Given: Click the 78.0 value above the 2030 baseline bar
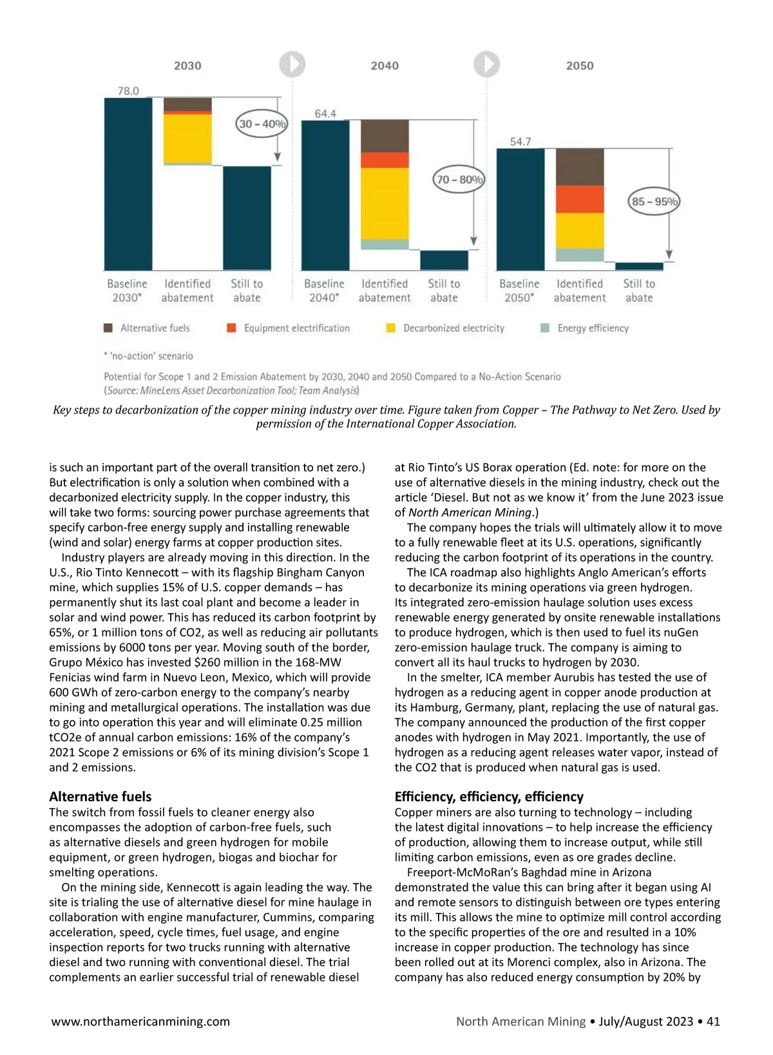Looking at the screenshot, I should click(128, 91).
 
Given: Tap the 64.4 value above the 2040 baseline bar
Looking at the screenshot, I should click(325, 113).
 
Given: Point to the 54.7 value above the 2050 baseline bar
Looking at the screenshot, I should click(520, 141).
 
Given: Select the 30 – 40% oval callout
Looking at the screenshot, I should click(262, 124).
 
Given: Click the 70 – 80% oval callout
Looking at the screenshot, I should click(459, 180).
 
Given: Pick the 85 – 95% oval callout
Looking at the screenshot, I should click(654, 202).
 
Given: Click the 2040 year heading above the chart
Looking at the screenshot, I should click(385, 66).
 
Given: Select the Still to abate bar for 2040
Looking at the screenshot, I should click(444, 260).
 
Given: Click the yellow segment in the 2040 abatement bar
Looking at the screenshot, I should click(385, 204).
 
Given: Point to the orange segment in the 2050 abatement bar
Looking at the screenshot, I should click(580, 199).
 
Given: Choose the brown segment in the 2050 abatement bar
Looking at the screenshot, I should click(580, 166).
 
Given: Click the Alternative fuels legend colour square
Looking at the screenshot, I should click(108, 328).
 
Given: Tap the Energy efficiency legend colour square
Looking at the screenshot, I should click(545, 328).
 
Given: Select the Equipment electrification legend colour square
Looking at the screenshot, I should click(231, 328).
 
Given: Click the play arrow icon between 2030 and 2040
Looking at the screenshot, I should click(292, 64).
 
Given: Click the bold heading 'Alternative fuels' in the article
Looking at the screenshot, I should click(100, 796).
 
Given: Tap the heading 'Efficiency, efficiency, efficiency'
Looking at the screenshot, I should click(489, 796).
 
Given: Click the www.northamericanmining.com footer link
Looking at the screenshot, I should click(140, 1021).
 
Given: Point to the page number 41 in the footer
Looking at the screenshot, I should click(713, 1021).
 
